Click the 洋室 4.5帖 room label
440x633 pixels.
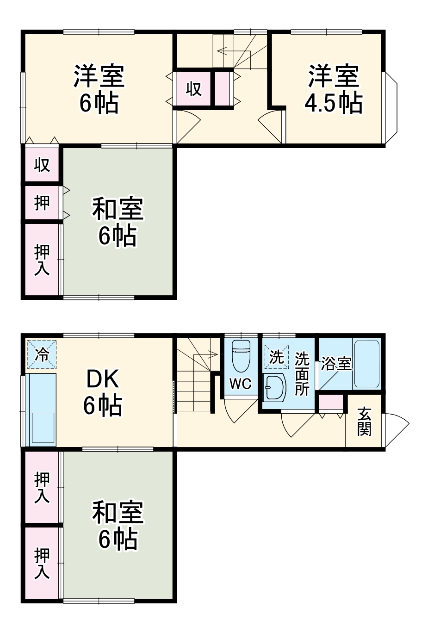pyautogui.click(x=334, y=90)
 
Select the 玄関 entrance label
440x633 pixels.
pyautogui.click(x=364, y=421)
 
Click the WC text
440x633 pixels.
pyautogui.click(x=240, y=384)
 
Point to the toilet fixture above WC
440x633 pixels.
pyautogui.click(x=241, y=355)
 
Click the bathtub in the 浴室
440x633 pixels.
pyautogui.click(x=366, y=364)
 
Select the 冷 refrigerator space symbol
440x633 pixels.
pyautogui.click(x=42, y=355)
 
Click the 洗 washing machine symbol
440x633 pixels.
pyautogui.click(x=276, y=357)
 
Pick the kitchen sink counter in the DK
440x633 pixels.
pyautogui.click(x=42, y=410)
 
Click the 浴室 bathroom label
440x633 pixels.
pyautogui.click(x=336, y=364)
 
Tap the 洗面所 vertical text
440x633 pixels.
pyautogui.click(x=302, y=374)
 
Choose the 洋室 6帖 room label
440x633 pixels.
pyautogui.click(x=99, y=90)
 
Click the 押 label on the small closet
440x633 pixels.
pyautogui.click(x=42, y=202)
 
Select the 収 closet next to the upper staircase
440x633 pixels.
pyautogui.click(x=194, y=88)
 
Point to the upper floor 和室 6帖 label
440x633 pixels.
pyautogui.click(x=118, y=222)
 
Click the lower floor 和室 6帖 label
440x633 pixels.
pyautogui.click(x=118, y=525)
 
